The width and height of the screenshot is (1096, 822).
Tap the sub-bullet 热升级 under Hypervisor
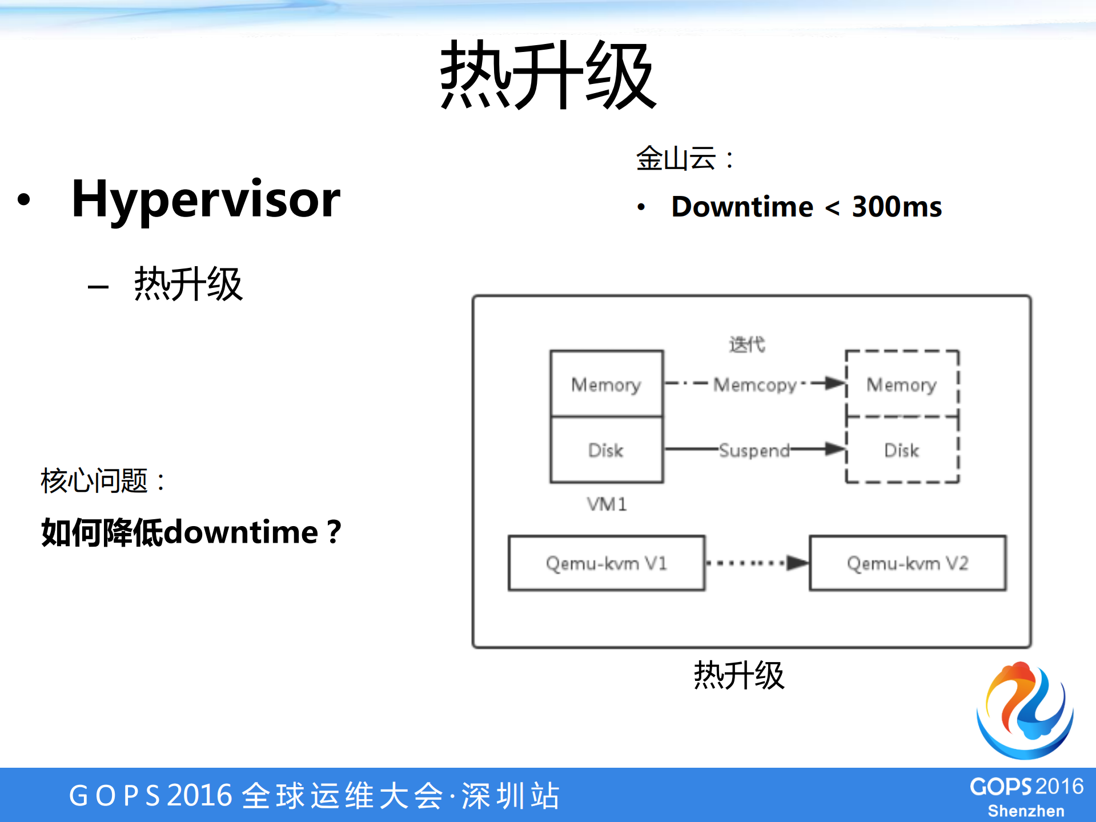(x=188, y=284)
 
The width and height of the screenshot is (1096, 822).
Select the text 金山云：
(x=684, y=158)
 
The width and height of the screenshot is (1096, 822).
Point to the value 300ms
(x=897, y=206)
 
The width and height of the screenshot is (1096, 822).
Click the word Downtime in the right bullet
(x=742, y=206)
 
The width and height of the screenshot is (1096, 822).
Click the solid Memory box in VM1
(x=606, y=384)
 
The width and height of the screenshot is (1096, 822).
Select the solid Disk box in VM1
(x=606, y=450)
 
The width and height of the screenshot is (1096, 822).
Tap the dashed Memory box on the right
(x=901, y=384)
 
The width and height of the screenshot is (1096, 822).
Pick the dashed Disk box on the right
(x=901, y=450)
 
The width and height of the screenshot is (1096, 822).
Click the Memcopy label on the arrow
(x=754, y=384)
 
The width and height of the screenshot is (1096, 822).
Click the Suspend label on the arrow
(x=754, y=450)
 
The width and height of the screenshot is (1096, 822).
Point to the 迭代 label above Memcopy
(x=746, y=344)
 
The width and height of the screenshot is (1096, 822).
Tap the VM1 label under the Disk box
(x=607, y=504)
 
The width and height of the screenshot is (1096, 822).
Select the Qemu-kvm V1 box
(x=606, y=563)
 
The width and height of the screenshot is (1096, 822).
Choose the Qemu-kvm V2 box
(x=907, y=563)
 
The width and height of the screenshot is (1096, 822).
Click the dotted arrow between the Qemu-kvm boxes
(x=756, y=563)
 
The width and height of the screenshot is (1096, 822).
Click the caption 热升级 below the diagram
(x=738, y=675)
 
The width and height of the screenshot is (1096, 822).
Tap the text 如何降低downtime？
(x=191, y=532)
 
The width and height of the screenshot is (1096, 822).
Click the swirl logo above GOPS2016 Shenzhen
(x=1025, y=710)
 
